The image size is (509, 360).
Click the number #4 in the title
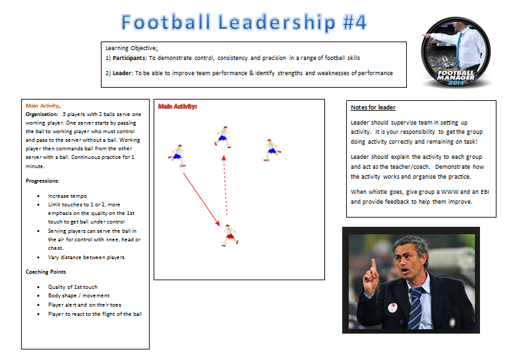(x=355, y=22)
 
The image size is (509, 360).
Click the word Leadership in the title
(x=276, y=22)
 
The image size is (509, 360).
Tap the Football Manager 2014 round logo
(x=456, y=53)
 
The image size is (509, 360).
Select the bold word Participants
(x=129, y=58)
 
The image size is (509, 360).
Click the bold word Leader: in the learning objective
(x=123, y=73)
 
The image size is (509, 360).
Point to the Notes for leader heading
(x=373, y=107)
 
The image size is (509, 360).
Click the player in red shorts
(x=230, y=235)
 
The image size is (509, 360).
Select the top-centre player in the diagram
(x=223, y=137)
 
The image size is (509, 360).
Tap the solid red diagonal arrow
(x=202, y=199)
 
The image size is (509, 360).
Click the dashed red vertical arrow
(x=225, y=185)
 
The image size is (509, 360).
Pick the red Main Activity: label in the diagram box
(x=177, y=106)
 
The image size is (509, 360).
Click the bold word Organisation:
(x=42, y=114)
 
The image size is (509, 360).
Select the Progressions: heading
(x=43, y=181)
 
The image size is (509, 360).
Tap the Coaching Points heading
(x=45, y=272)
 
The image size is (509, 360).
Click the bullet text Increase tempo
(x=67, y=196)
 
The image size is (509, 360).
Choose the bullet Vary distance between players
(x=86, y=257)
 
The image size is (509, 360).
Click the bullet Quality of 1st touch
(x=73, y=287)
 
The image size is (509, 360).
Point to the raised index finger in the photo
(x=374, y=266)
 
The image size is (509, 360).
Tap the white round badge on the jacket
(x=393, y=307)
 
